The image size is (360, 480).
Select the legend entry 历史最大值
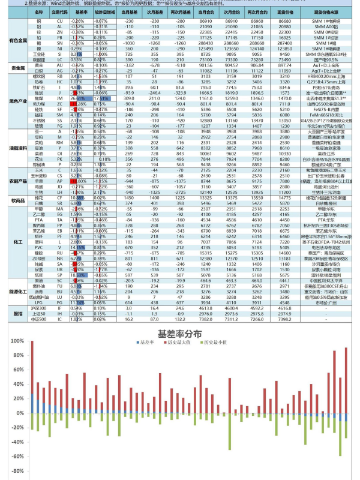[x=181, y=343]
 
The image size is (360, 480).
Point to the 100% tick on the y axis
[x=17, y=341]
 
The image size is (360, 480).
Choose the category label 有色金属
[x=19, y=40]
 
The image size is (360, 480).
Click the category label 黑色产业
[x=19, y=102]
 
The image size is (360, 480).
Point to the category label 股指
[x=19, y=313]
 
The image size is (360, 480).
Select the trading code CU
[x=59, y=20]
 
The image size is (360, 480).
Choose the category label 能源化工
[x=19, y=290]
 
